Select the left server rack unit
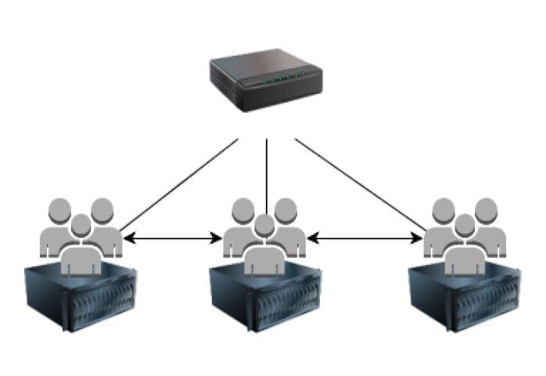81,302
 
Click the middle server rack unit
265,302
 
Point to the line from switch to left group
180,185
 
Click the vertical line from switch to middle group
267,172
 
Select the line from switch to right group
360,185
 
